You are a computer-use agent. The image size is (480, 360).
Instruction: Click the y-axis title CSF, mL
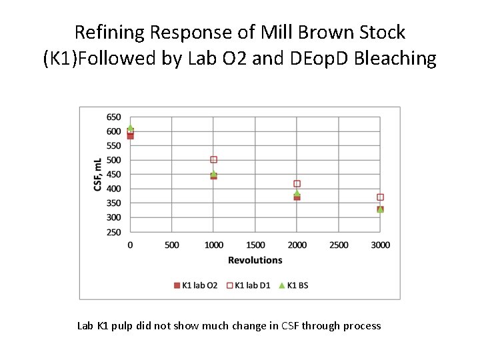click(98, 175)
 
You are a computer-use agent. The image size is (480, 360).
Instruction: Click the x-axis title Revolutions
click(255, 260)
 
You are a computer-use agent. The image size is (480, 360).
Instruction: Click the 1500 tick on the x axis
click(255, 245)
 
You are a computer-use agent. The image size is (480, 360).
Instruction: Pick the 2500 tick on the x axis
click(339, 245)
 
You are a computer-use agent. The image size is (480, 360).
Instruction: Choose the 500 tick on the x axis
click(171, 245)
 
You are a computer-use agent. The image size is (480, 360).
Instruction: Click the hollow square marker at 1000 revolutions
click(213, 160)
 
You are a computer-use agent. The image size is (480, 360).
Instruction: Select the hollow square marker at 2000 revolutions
click(297, 183)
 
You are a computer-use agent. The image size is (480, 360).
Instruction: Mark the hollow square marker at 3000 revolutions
click(380, 197)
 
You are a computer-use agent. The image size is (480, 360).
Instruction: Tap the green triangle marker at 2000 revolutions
click(297, 193)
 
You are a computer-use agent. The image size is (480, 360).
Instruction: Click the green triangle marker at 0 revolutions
click(130, 127)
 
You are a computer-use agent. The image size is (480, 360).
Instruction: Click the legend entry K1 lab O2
click(195, 285)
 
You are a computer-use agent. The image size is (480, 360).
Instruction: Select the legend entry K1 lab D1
click(249, 285)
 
